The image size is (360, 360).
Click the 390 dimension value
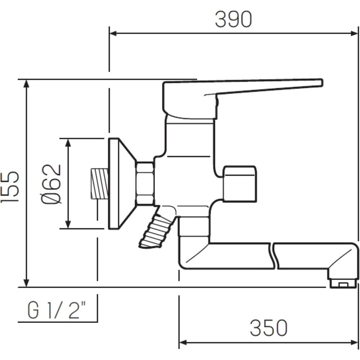click(x=234, y=19)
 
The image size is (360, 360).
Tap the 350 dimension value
click(x=269, y=328)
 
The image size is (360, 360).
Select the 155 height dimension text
click(x=10, y=187)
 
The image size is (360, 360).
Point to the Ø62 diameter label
click(x=51, y=184)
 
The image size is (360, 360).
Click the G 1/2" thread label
click(x=57, y=310)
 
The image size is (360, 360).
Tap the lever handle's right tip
click(x=322, y=83)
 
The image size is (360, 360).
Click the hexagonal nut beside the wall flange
click(x=145, y=183)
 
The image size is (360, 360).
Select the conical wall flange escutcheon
click(x=122, y=184)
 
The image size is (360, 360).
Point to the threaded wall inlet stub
click(x=99, y=184)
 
